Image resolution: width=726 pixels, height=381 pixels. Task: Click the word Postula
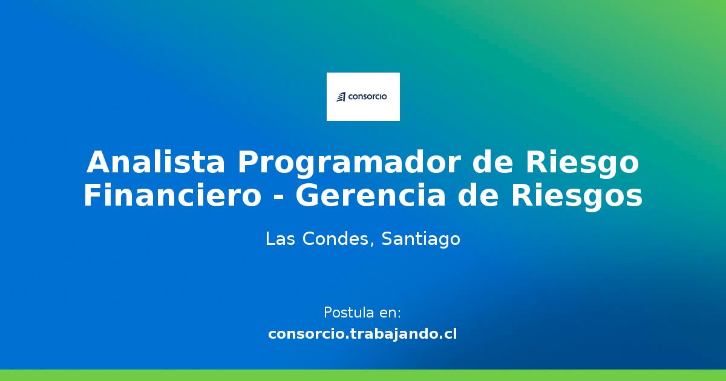pyautogui.click(x=348, y=313)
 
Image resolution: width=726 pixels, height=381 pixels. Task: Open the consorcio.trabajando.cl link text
pyautogui.click(x=362, y=333)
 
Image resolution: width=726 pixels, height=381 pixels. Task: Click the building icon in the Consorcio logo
pyautogui.click(x=341, y=97)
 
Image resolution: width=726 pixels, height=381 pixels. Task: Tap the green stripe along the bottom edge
pyautogui.click(x=363, y=375)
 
